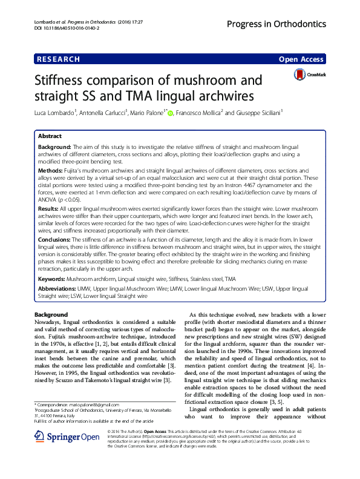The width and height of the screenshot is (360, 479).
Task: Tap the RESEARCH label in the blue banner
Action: pyautogui.click(x=58, y=59)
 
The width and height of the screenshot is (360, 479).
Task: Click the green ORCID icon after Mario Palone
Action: pyautogui.click(x=171, y=113)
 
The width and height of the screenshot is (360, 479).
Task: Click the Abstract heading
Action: pyautogui.click(x=50, y=136)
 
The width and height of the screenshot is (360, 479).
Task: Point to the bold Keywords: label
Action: pyautogui.click(x=51, y=279)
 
